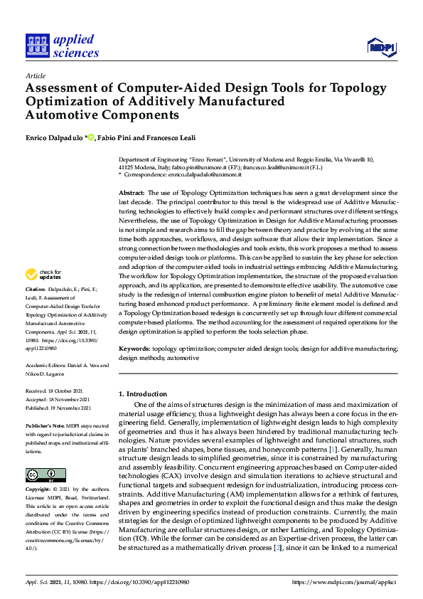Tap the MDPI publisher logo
pos(382,47)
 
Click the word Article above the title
pos(35,75)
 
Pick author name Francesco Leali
pos(171,137)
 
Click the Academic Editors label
pos(47,365)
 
